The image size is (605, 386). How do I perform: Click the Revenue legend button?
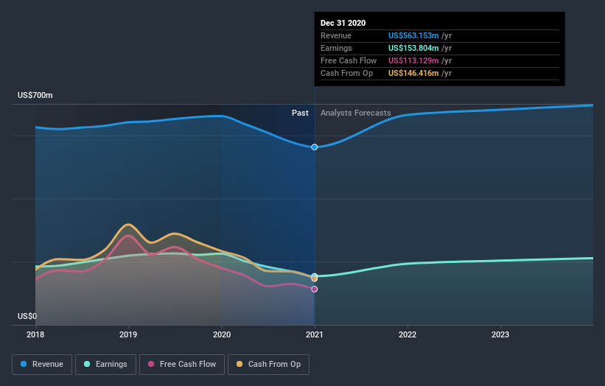[x=43, y=364]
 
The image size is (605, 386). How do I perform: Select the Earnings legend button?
[x=105, y=364]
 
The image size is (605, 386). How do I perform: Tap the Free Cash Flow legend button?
[x=182, y=364]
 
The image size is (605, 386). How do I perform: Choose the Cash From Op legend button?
[x=269, y=364]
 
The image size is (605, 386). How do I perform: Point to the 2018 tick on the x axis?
[x=35, y=334]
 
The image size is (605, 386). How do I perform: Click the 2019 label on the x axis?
[x=128, y=334]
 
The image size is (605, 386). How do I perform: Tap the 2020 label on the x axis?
[x=221, y=334]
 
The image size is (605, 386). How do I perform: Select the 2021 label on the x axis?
[x=315, y=334]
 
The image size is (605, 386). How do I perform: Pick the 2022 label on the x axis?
[x=408, y=334]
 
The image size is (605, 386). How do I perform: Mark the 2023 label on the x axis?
[x=500, y=334]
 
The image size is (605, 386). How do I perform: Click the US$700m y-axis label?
[x=35, y=96]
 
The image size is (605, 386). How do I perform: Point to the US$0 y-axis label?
[x=27, y=317]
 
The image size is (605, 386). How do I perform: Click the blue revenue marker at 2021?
[x=315, y=147]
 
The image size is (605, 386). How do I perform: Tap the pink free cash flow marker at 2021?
[x=315, y=289]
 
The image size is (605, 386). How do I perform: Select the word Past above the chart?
[x=300, y=113]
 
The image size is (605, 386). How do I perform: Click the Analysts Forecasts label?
[x=356, y=113]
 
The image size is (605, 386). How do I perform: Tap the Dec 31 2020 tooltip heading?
[x=343, y=24]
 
